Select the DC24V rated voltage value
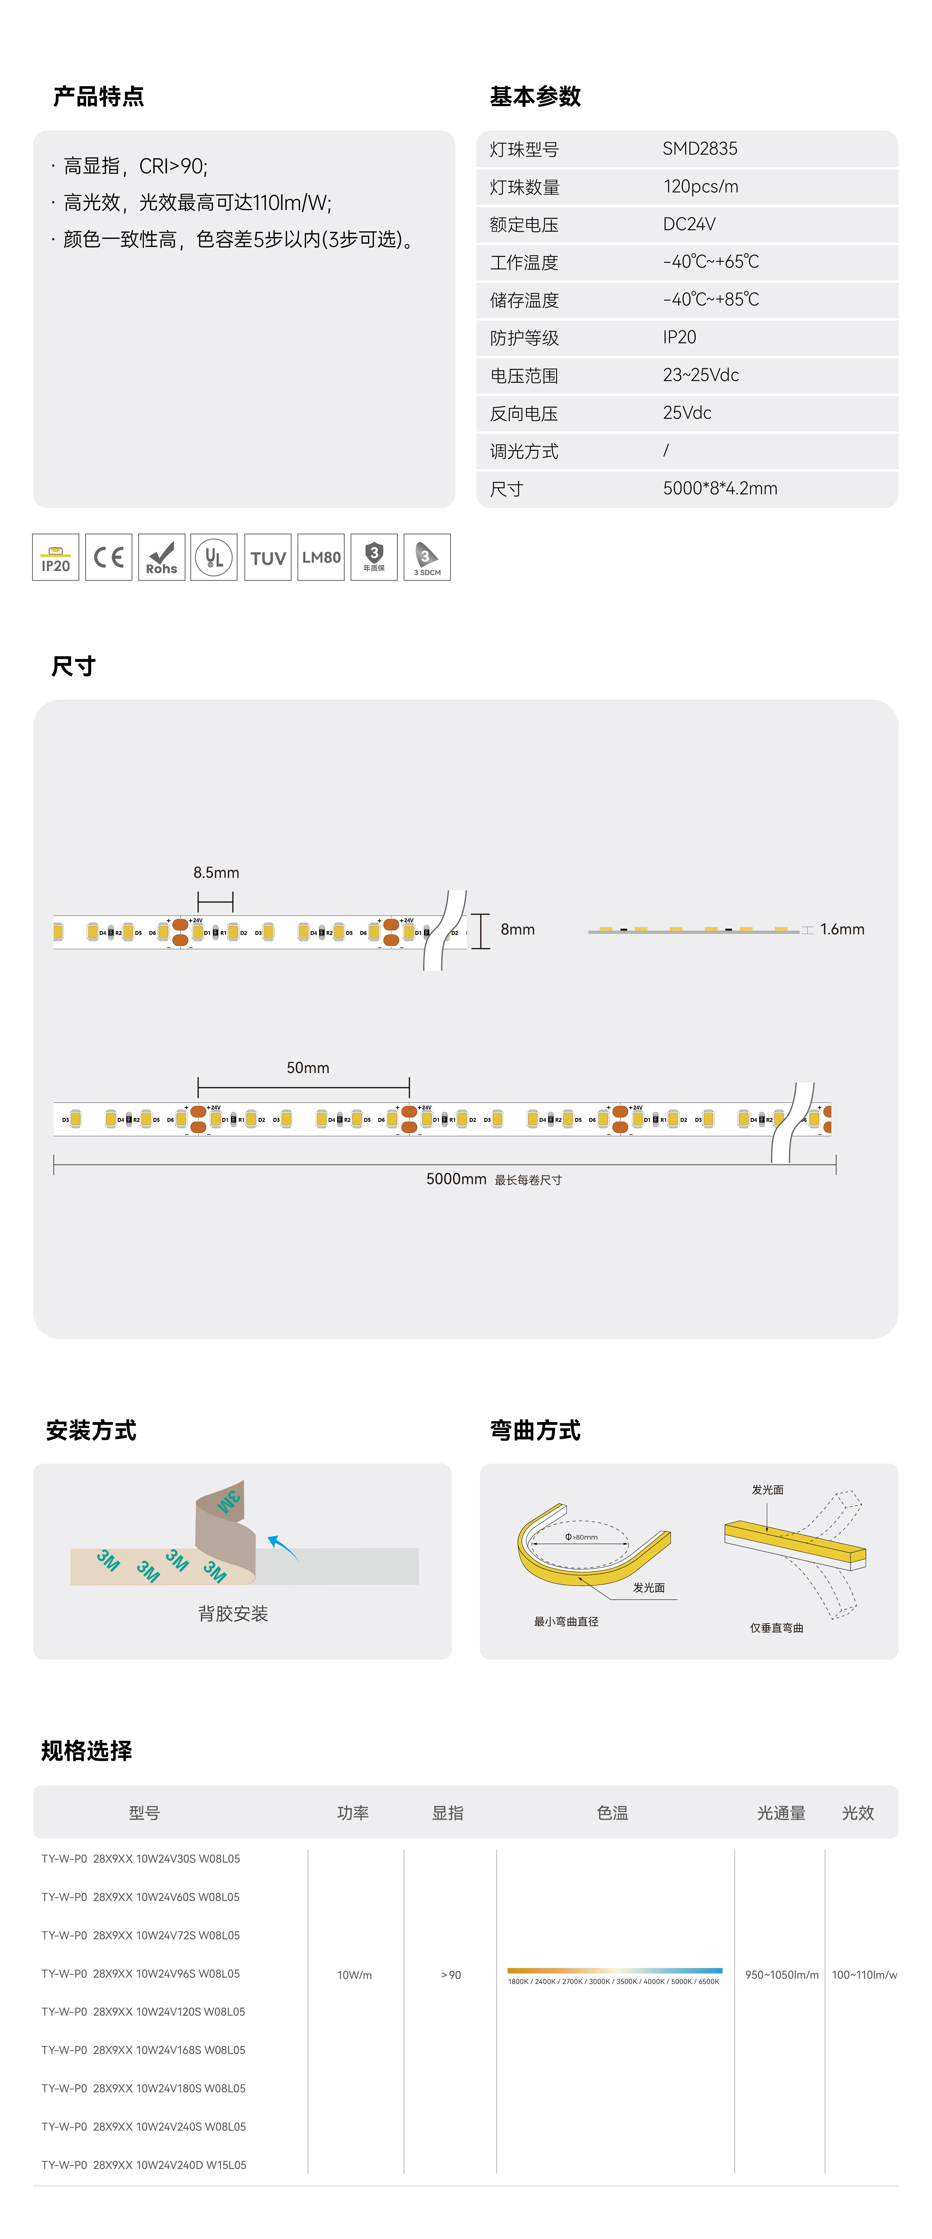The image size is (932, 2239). tap(689, 224)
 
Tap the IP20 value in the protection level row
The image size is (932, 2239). tap(679, 337)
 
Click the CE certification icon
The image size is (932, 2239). tap(109, 557)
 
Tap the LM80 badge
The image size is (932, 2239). tap(321, 557)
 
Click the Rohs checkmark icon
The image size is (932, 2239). tap(162, 557)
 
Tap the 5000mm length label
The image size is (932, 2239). tap(456, 1179)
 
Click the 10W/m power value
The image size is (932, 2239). tap(354, 1975)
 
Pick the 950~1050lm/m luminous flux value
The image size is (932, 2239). tap(781, 1975)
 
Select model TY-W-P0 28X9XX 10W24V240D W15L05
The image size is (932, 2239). tap(144, 2164)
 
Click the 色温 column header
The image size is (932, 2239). tap(612, 1812)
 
